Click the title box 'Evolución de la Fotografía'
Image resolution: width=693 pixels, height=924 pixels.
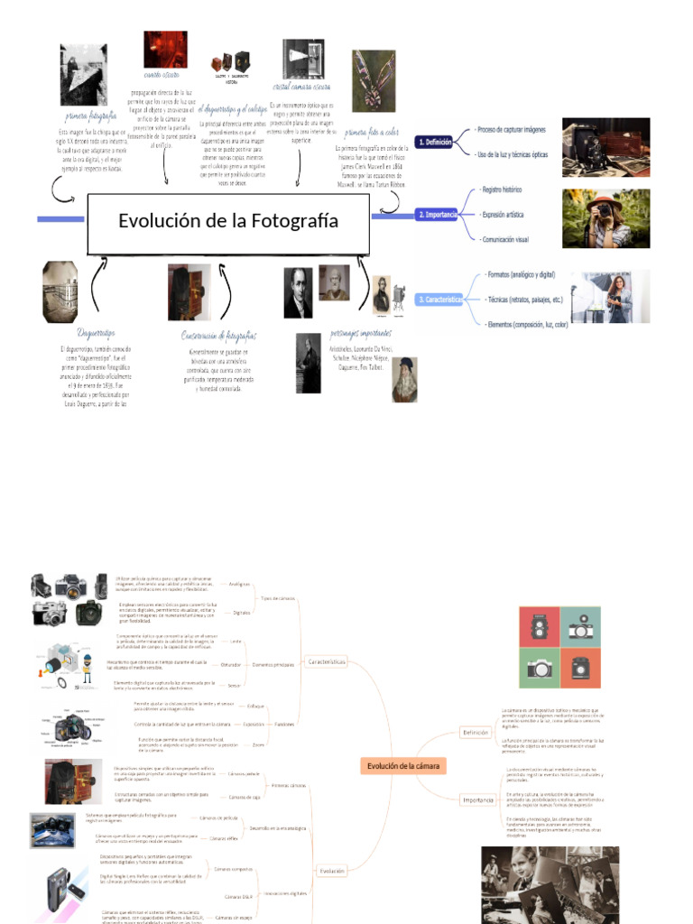(228, 222)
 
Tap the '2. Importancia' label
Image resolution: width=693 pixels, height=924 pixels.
(439, 215)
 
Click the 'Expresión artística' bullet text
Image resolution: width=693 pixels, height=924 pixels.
(503, 215)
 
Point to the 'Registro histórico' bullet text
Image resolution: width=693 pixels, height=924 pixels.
(502, 190)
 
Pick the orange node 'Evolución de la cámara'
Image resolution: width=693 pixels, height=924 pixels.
(405, 766)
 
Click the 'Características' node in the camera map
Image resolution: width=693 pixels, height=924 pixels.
(327, 661)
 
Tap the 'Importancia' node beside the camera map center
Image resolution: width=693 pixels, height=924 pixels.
(477, 799)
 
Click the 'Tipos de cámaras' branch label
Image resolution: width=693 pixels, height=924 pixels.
(277, 598)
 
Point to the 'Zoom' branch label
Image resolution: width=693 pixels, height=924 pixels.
(258, 745)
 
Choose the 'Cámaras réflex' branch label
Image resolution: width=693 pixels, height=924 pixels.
(224, 838)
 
